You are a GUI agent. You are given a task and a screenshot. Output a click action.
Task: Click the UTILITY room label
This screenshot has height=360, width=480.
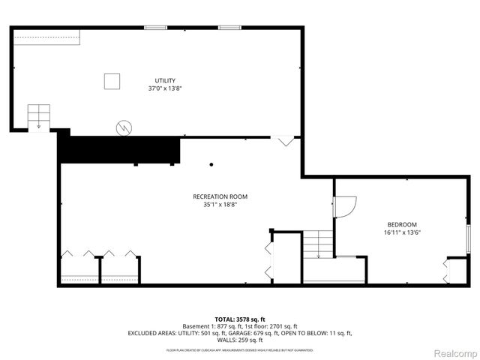[165, 80]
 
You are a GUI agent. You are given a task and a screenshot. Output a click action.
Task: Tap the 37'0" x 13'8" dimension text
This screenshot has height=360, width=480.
[165, 88]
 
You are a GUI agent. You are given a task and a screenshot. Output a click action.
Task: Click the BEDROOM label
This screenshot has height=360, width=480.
[402, 224]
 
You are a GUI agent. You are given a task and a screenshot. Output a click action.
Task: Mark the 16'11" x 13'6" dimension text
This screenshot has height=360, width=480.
[402, 232]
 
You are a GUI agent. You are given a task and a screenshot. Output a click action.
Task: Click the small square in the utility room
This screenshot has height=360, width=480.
[112, 81]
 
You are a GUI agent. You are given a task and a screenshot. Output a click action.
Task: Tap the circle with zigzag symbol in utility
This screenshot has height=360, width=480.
[123, 128]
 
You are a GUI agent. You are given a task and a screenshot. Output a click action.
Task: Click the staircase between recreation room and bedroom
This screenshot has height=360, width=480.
[318, 244]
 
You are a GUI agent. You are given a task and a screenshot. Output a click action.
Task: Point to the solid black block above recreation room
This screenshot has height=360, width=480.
[120, 148]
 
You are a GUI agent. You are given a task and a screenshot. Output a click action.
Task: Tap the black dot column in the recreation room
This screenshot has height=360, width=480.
[211, 164]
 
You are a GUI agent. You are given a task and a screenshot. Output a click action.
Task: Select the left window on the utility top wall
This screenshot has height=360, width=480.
[156, 28]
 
